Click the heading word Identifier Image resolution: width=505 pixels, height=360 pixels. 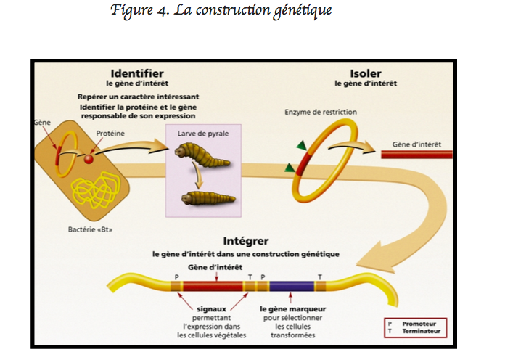click(136, 73)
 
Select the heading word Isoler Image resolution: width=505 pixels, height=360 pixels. click(366, 73)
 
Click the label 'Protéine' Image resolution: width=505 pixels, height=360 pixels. click(110, 134)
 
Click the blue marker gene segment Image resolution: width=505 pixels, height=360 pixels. click(290, 285)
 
